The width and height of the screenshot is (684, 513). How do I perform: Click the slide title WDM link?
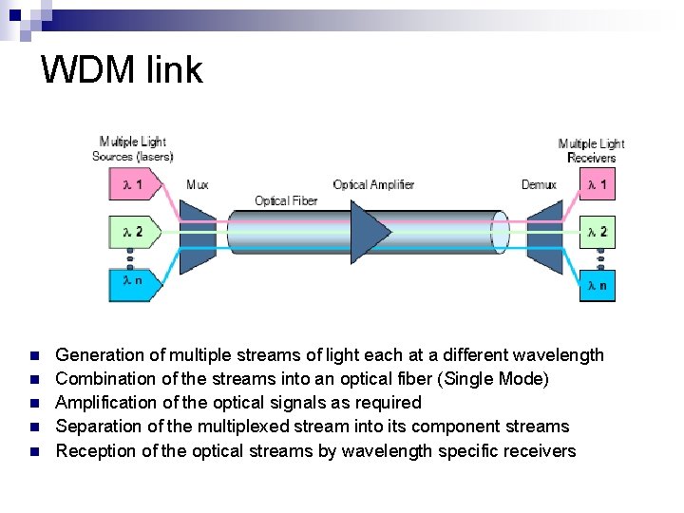pyautogui.click(x=122, y=70)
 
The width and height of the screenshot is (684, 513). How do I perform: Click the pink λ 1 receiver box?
pyautogui.click(x=598, y=184)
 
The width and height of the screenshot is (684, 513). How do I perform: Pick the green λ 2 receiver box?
pyautogui.click(x=598, y=232)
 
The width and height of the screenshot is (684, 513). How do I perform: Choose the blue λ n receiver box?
pyautogui.click(x=598, y=284)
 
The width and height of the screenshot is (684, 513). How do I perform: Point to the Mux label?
pyautogui.click(x=198, y=184)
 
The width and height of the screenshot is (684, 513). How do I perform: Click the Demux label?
pyautogui.click(x=539, y=184)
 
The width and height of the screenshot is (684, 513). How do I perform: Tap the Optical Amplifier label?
pyautogui.click(x=373, y=184)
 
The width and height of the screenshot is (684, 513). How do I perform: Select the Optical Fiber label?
pyautogui.click(x=286, y=200)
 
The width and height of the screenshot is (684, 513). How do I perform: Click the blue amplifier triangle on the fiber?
pyautogui.click(x=370, y=232)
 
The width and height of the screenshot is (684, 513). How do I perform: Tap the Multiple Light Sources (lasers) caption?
pyautogui.click(x=132, y=149)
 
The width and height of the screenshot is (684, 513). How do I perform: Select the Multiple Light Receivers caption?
pyautogui.click(x=591, y=150)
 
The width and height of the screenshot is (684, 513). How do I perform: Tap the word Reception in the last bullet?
pyautogui.click(x=96, y=450)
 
